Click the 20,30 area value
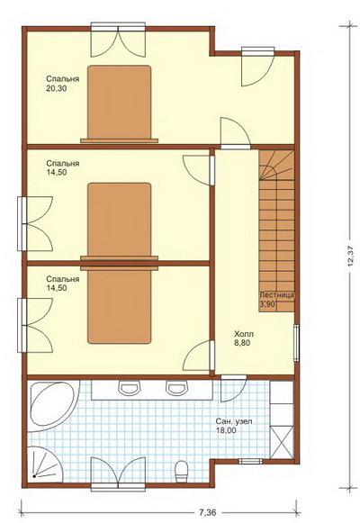(x=57, y=88)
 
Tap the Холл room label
(x=244, y=334)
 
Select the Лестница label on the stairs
(x=276, y=295)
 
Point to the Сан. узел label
(x=234, y=421)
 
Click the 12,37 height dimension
(x=350, y=257)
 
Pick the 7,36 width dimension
(x=207, y=512)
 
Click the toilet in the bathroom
(x=182, y=472)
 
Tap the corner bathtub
(x=54, y=406)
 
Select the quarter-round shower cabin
(x=45, y=464)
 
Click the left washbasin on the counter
(x=129, y=388)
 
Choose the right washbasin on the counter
(x=175, y=388)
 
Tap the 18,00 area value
(x=226, y=430)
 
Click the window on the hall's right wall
(x=296, y=342)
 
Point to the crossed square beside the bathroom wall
(x=282, y=442)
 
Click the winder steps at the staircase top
(x=276, y=165)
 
